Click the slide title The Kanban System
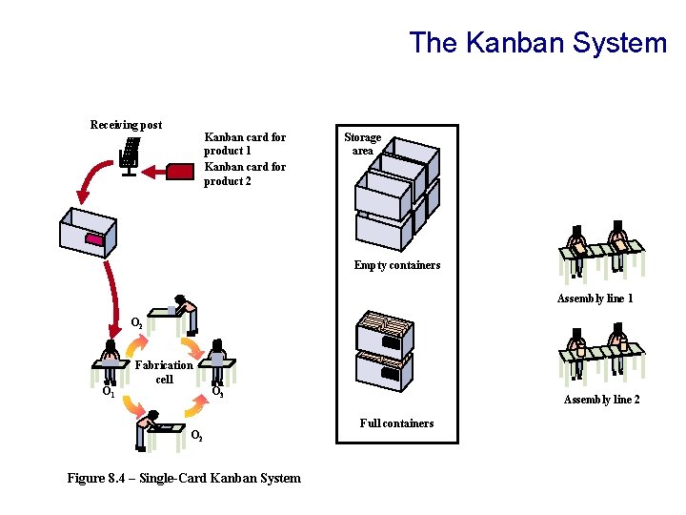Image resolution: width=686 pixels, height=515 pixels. pos(537,43)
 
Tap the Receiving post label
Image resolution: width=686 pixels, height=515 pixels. pos(126,125)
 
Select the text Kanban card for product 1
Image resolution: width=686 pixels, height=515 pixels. pos(245,144)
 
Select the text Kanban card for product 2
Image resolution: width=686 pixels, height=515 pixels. pos(245,174)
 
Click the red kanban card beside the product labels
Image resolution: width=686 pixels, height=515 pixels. pos(180,171)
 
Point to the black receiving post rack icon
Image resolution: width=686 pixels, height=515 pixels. pos(131,156)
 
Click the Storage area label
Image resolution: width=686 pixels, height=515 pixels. pos(362,144)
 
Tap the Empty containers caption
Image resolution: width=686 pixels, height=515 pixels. pos(396,265)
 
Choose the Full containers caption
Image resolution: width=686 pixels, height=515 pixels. pos(396,422)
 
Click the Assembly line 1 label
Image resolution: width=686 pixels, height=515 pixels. pos(595,299)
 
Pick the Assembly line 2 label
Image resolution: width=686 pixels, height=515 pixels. pos(601,399)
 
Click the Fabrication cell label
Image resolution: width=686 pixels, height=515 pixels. pos(164,372)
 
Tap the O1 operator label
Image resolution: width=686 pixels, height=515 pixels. pos(109,391)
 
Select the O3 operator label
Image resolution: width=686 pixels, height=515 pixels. pos(217,391)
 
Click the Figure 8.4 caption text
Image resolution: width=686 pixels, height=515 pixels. pos(184,478)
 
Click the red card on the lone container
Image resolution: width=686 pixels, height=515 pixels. pos(94,240)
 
